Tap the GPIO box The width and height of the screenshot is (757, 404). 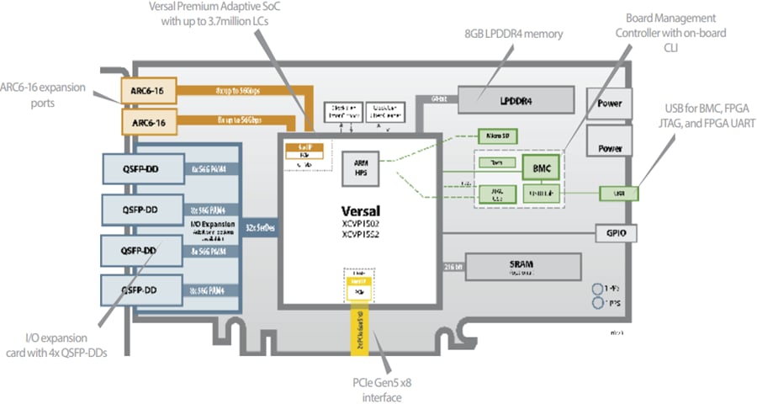click(613, 231)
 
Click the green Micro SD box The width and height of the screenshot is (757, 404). click(493, 133)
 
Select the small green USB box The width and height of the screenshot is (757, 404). click(619, 194)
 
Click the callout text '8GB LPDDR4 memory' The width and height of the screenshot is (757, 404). click(513, 34)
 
